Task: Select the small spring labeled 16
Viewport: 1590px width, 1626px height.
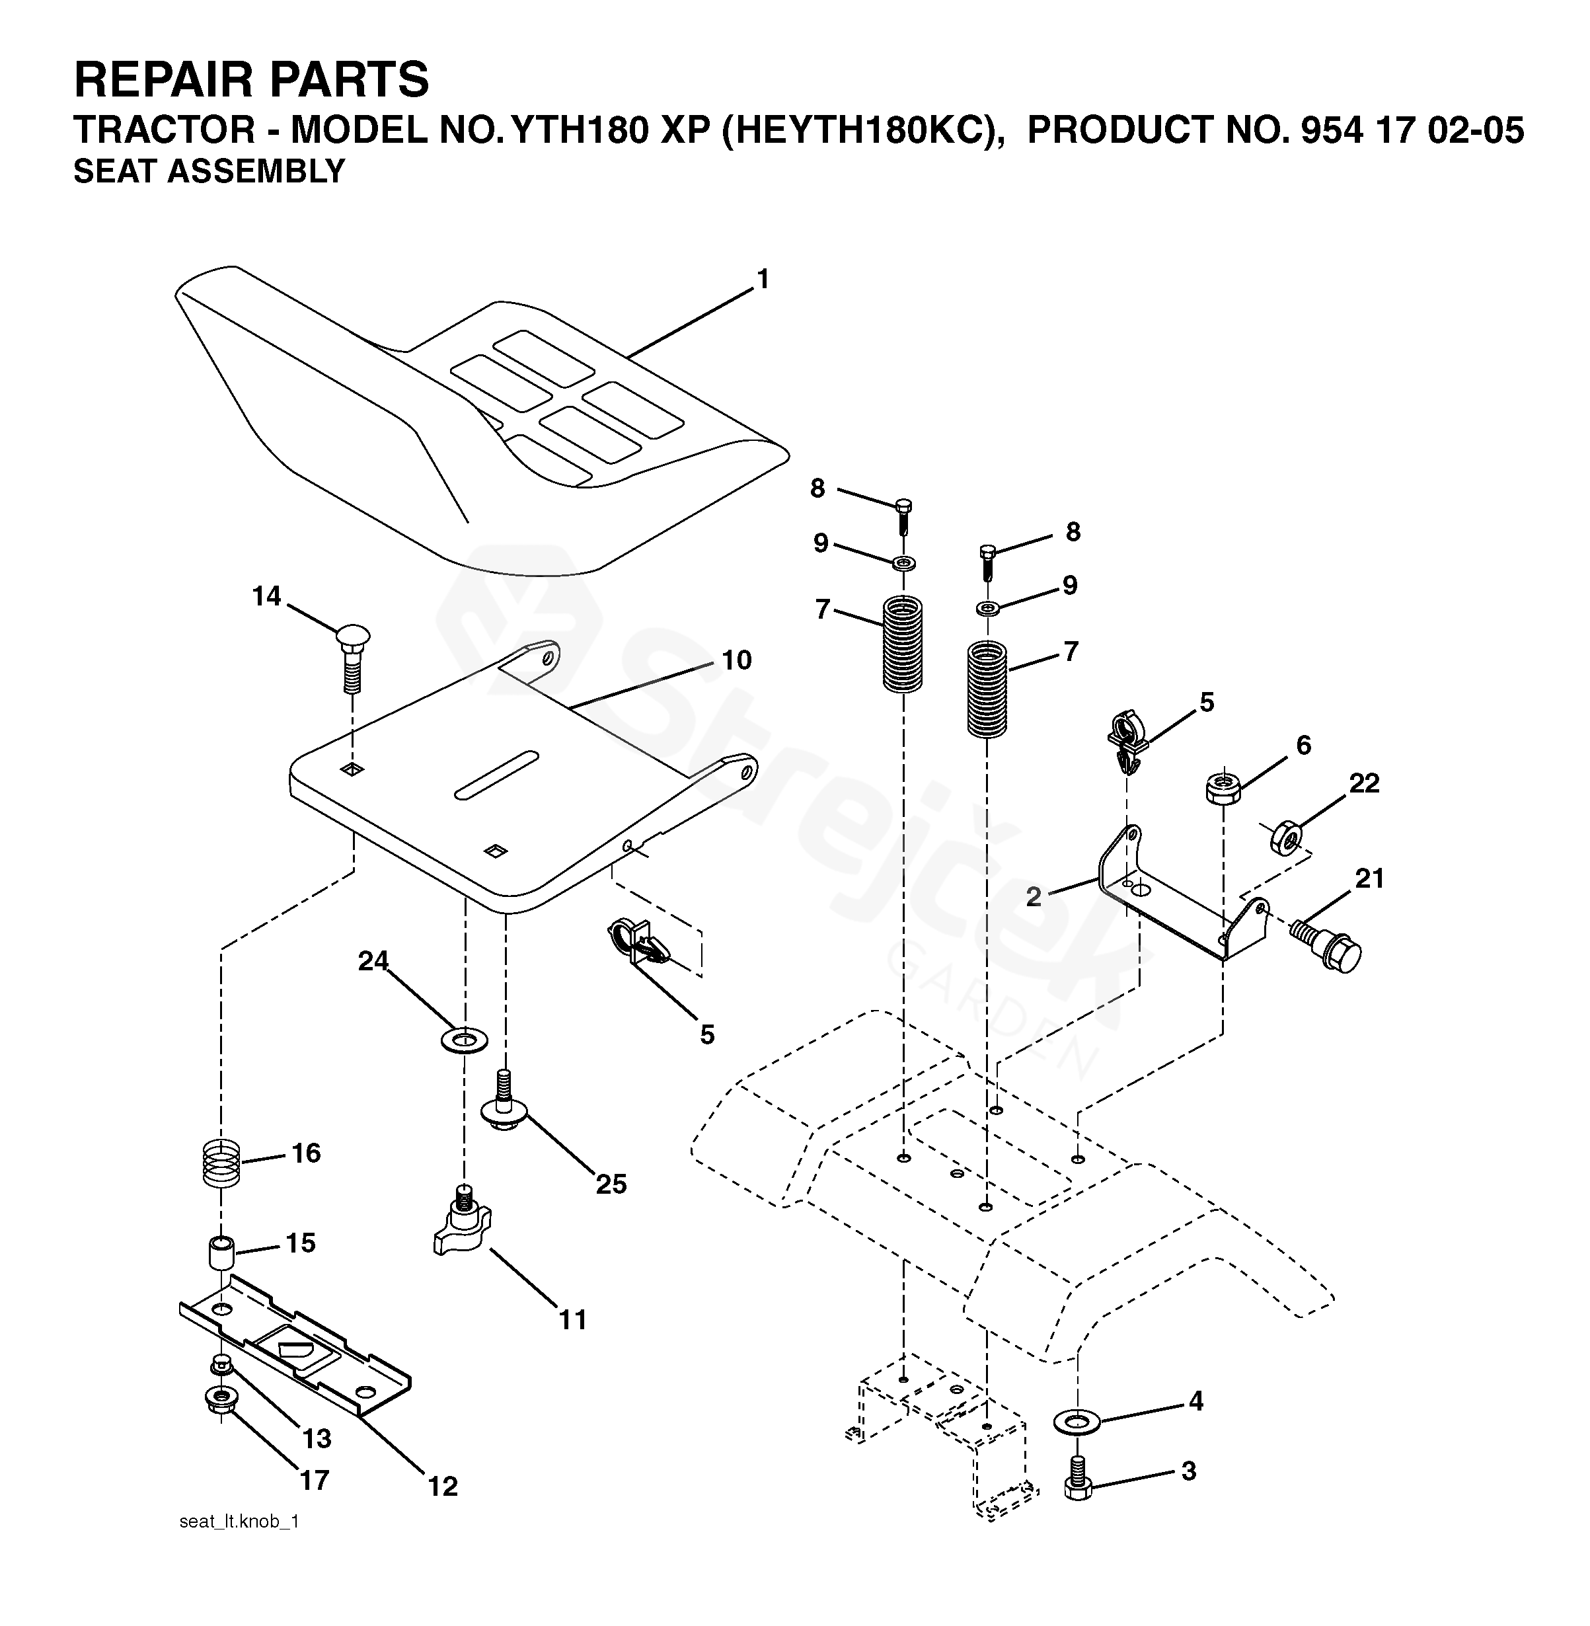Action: pos(222,1163)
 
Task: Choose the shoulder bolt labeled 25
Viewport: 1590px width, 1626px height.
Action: pos(504,1106)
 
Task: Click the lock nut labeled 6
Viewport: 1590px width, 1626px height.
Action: pos(1223,787)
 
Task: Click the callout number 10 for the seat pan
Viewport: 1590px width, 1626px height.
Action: pos(737,660)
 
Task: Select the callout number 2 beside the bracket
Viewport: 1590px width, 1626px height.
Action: pos(1034,897)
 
